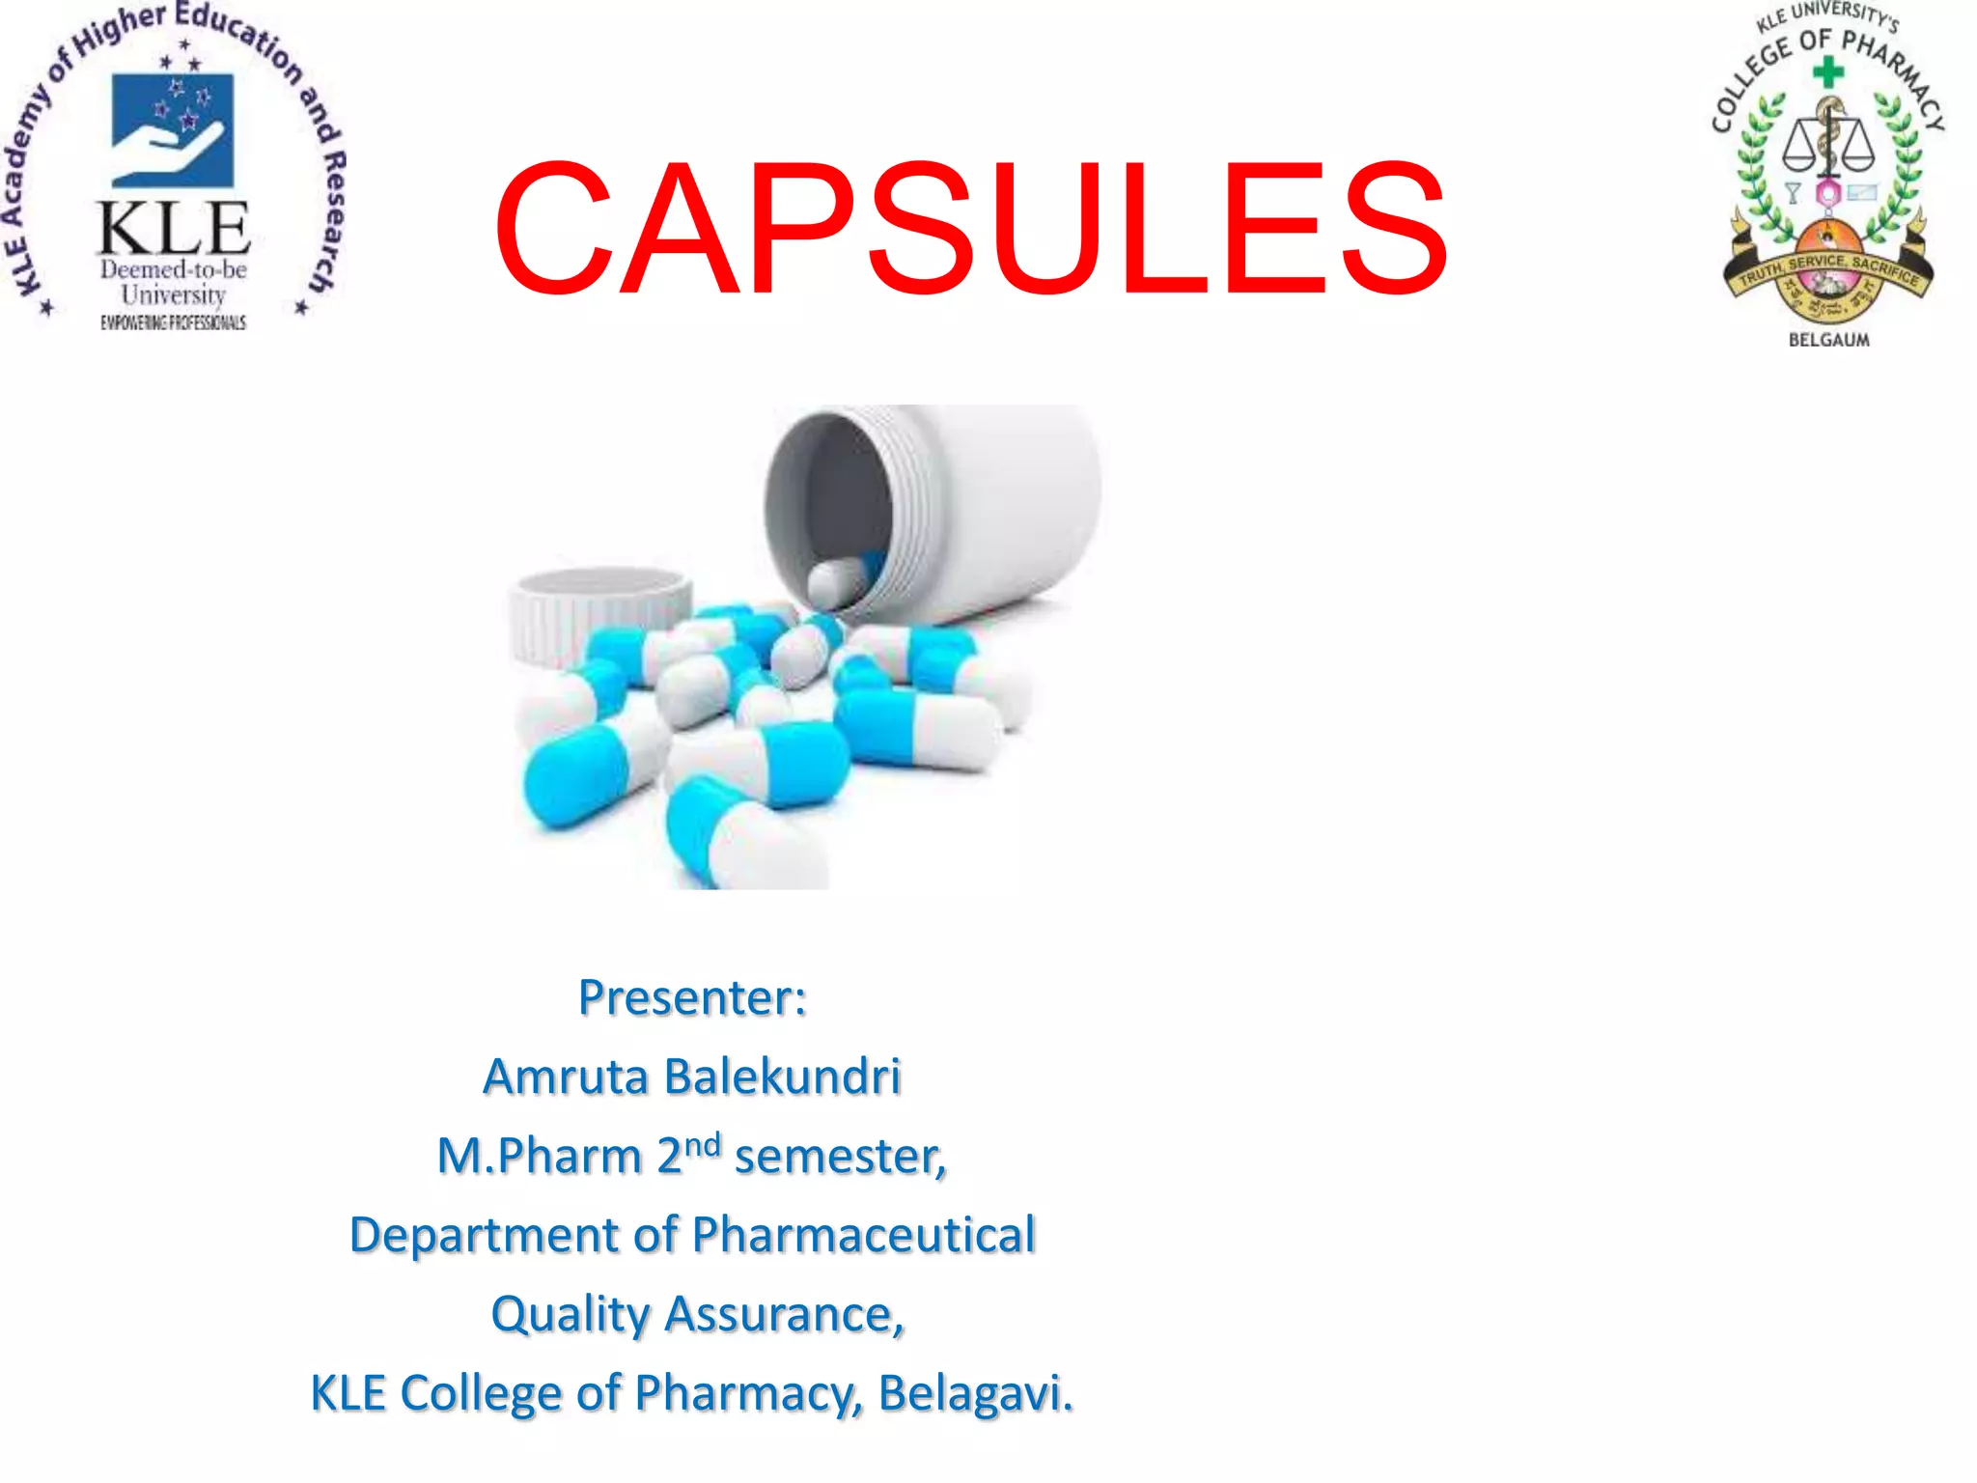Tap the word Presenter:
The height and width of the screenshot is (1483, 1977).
(692, 997)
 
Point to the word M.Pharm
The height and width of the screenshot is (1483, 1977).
(540, 1156)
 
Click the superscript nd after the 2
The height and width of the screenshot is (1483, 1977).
(703, 1145)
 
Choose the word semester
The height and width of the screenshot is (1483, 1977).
(838, 1157)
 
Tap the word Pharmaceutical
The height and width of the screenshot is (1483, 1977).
(864, 1235)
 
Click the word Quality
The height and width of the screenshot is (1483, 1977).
(571, 1315)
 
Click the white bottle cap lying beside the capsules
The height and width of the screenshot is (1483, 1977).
(599, 614)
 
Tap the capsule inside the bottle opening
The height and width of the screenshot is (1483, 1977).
(836, 581)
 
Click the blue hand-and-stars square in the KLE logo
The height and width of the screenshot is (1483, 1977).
(173, 130)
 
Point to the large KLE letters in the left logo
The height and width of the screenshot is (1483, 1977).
(174, 229)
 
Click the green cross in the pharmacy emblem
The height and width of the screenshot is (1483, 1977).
(1827, 71)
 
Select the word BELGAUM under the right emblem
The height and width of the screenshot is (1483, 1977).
(1828, 340)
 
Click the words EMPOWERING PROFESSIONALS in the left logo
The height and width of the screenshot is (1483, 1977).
(174, 322)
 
